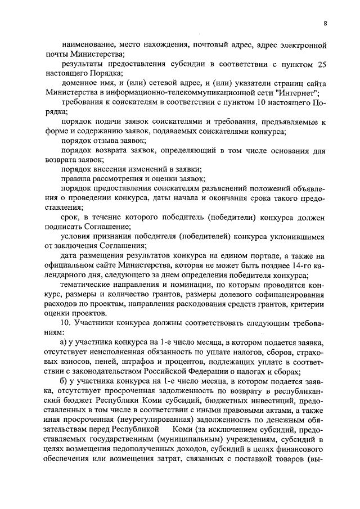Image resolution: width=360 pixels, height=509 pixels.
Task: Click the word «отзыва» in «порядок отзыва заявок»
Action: [x=107, y=141]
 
